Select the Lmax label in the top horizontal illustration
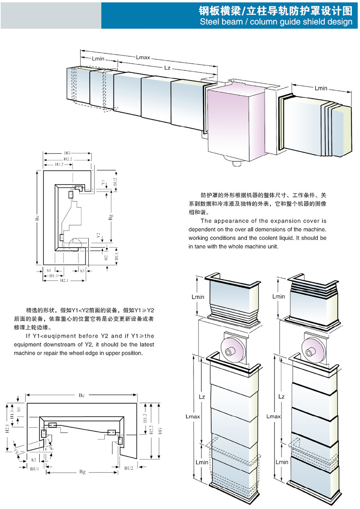(x=142, y=58)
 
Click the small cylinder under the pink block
(x=236, y=163)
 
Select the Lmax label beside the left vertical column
(x=192, y=417)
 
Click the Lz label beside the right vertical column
(x=281, y=396)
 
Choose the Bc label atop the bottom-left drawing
(x=82, y=395)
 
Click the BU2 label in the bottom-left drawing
(x=129, y=467)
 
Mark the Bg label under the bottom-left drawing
(x=82, y=472)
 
